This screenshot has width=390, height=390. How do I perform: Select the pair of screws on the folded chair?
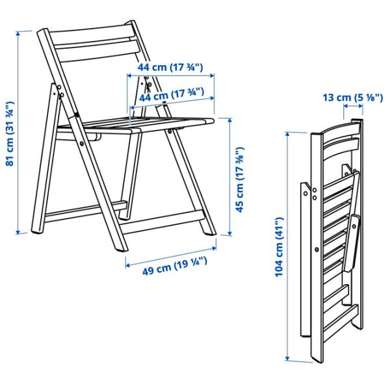(313, 192)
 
